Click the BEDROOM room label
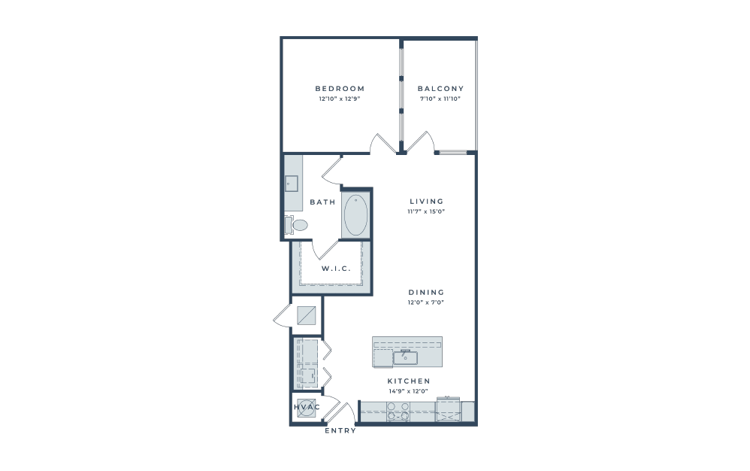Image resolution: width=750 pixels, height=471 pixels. [x=340, y=89]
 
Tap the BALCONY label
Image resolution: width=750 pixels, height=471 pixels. [x=440, y=89]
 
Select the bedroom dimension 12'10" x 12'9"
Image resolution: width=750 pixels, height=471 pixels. [x=340, y=99]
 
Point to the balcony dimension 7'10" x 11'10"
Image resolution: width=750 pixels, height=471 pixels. [x=440, y=99]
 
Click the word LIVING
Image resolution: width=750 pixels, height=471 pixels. [x=427, y=202]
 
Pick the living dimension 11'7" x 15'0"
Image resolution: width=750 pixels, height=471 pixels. [x=427, y=211]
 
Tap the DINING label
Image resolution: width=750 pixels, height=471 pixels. [x=426, y=293]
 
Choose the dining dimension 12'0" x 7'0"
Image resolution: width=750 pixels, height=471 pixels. [x=426, y=302]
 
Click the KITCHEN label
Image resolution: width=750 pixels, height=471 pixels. [x=409, y=381]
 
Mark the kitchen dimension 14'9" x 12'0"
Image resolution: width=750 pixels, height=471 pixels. [x=409, y=391]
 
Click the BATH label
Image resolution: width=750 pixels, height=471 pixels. [x=323, y=202]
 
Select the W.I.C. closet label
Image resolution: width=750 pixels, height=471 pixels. [x=336, y=269]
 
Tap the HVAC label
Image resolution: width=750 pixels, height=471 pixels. [x=307, y=407]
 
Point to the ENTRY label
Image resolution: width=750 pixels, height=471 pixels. [x=340, y=431]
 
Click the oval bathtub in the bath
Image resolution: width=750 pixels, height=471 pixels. [x=356, y=215]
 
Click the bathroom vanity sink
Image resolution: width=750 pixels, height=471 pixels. [x=292, y=184]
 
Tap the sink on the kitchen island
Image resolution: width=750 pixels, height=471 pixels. [x=405, y=358]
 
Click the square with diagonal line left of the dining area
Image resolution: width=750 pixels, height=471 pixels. [x=307, y=316]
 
